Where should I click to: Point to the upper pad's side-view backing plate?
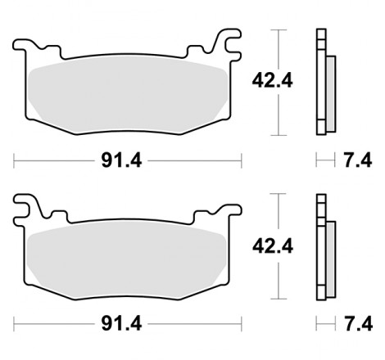coord(320,82)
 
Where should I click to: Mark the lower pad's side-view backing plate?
coord(320,245)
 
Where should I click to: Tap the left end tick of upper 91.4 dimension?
coord(15,160)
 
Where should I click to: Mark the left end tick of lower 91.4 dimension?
coord(15,325)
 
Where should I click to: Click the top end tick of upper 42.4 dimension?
coord(281,29)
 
